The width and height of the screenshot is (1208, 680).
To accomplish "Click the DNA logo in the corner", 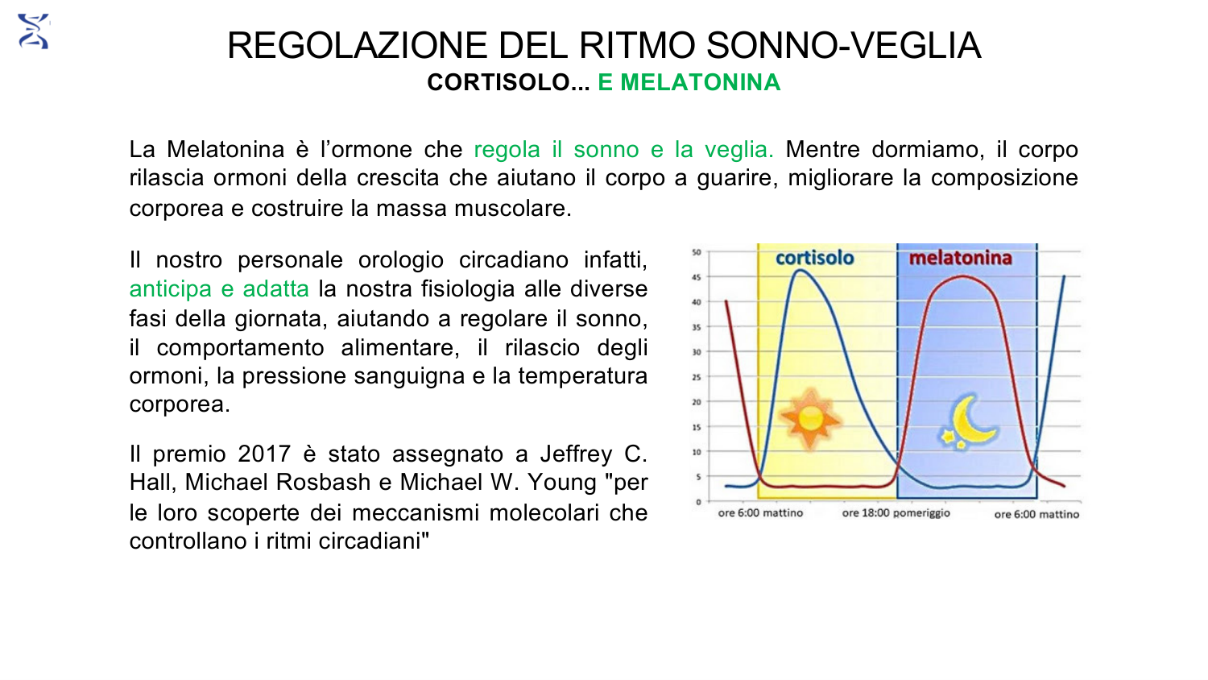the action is [x=34, y=31].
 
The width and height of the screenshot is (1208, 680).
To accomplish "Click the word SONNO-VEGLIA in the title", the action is [x=843, y=45].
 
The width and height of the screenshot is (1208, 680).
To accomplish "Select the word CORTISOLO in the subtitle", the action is [x=499, y=82].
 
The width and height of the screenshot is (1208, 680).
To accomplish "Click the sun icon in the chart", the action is [x=810, y=418].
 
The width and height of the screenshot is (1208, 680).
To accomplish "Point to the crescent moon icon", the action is [x=970, y=421].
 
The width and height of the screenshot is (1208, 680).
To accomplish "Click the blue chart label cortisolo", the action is [x=814, y=258].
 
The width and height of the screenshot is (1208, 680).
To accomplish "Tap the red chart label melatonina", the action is [x=961, y=258].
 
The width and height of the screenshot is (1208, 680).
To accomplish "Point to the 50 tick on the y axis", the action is [x=697, y=252].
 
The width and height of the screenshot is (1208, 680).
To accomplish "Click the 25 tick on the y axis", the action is [x=697, y=377].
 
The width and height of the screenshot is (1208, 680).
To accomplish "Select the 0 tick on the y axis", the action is [x=698, y=502].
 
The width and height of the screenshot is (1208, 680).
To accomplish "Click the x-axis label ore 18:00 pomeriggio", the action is [x=896, y=512].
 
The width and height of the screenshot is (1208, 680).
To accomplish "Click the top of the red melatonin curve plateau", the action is [x=963, y=276].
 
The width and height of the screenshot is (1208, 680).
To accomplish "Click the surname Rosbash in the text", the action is [x=324, y=482].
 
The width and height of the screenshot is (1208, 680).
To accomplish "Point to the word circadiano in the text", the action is [x=514, y=260].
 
